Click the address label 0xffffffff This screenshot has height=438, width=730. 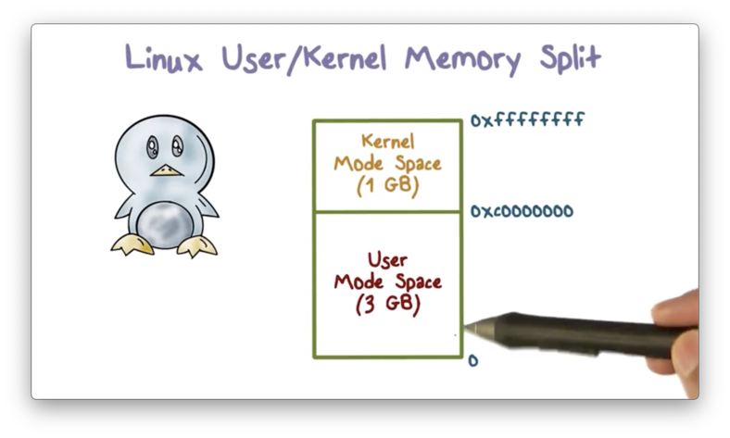coord(527,120)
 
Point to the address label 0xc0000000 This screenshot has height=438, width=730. coord(522,212)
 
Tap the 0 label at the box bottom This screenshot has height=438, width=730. coord(473,360)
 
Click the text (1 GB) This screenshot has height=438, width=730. coord(387,184)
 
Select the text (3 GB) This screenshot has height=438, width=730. coord(387,303)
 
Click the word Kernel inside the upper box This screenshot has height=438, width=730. coord(387,142)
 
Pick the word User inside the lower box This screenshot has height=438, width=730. coord(387,260)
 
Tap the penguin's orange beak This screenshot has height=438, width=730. coord(165,170)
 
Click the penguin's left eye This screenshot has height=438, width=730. coord(151,146)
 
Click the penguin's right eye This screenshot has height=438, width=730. coord(177,146)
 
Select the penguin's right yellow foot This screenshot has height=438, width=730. coord(196,245)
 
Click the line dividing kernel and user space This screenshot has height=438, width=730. coord(387,212)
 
